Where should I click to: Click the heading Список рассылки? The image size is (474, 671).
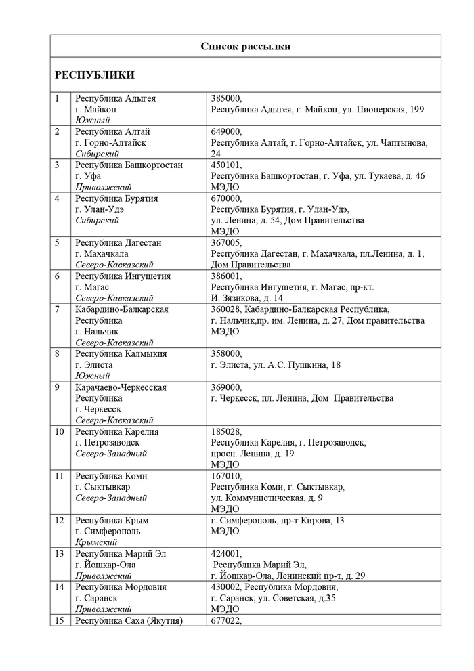tap(246, 46)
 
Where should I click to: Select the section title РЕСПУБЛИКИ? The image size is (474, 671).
tap(94, 75)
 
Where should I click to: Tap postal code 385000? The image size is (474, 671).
tap(226, 98)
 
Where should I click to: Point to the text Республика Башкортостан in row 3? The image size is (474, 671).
tap(129, 165)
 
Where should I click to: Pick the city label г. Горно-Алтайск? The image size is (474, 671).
tap(110, 143)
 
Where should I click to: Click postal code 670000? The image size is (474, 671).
tap(226, 198)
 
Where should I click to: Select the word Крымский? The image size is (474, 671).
tap(96, 542)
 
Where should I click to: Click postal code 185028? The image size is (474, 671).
tap(226, 432)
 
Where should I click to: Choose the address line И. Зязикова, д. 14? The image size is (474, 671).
tap(247, 298)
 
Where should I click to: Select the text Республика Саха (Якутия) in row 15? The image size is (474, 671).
tap(129, 620)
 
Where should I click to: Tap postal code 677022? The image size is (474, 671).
tap(226, 620)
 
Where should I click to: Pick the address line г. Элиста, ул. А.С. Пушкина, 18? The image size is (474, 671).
tap(276, 365)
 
